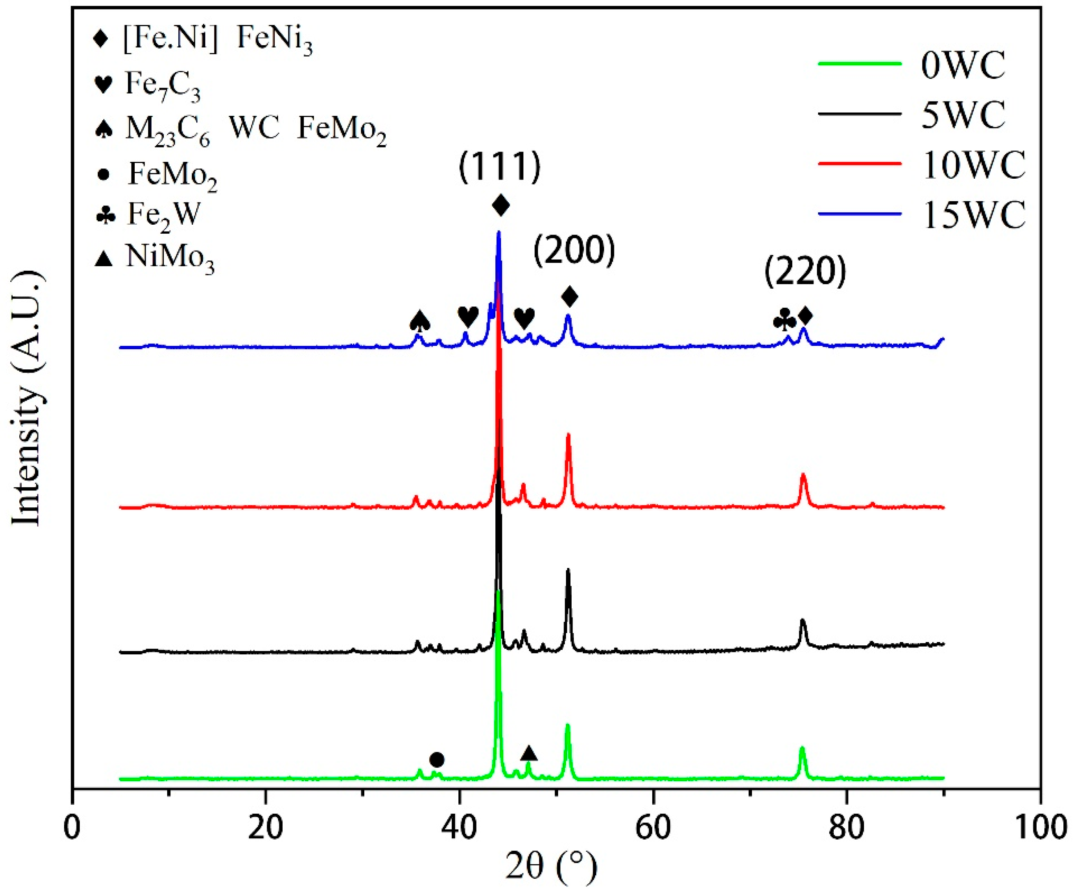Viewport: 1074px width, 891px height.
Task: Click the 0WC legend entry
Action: [963, 65]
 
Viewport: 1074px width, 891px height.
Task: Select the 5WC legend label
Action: [963, 115]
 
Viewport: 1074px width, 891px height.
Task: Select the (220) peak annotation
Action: [805, 272]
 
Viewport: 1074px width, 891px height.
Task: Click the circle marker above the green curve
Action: [436, 760]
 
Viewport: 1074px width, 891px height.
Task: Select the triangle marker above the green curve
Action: [529, 753]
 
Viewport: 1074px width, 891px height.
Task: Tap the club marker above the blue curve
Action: [784, 320]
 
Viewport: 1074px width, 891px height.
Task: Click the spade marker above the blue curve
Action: [420, 321]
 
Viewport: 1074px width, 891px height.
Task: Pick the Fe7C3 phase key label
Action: [163, 86]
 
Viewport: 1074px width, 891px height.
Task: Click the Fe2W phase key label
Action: [163, 215]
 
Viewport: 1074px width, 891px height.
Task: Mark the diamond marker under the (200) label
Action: [569, 296]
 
